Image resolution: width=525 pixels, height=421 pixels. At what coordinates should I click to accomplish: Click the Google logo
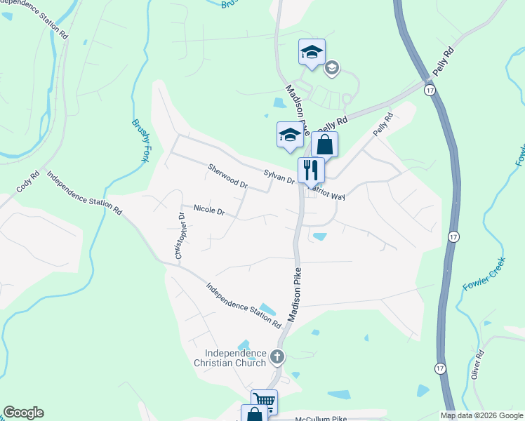[x=23, y=413]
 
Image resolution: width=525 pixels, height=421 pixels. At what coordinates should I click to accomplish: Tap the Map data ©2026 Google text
[x=481, y=415]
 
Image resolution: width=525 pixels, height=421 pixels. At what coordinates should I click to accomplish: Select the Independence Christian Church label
[x=235, y=358]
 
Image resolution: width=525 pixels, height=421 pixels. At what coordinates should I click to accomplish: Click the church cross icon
[x=277, y=358]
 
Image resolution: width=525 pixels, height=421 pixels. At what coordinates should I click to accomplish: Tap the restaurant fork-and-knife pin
[x=311, y=171]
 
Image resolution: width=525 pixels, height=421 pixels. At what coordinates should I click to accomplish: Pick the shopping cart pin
[x=264, y=401]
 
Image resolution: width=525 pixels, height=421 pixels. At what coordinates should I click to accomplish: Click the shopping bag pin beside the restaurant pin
[x=324, y=145]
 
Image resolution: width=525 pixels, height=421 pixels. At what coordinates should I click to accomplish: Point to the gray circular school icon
[x=332, y=67]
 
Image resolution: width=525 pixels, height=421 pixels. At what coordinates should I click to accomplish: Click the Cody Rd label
[x=27, y=185]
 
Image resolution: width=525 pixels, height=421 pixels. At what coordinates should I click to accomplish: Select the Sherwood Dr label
[x=228, y=176]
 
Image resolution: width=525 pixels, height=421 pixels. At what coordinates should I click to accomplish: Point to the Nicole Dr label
[x=208, y=210]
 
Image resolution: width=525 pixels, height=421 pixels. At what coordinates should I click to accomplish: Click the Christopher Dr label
[x=180, y=236]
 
